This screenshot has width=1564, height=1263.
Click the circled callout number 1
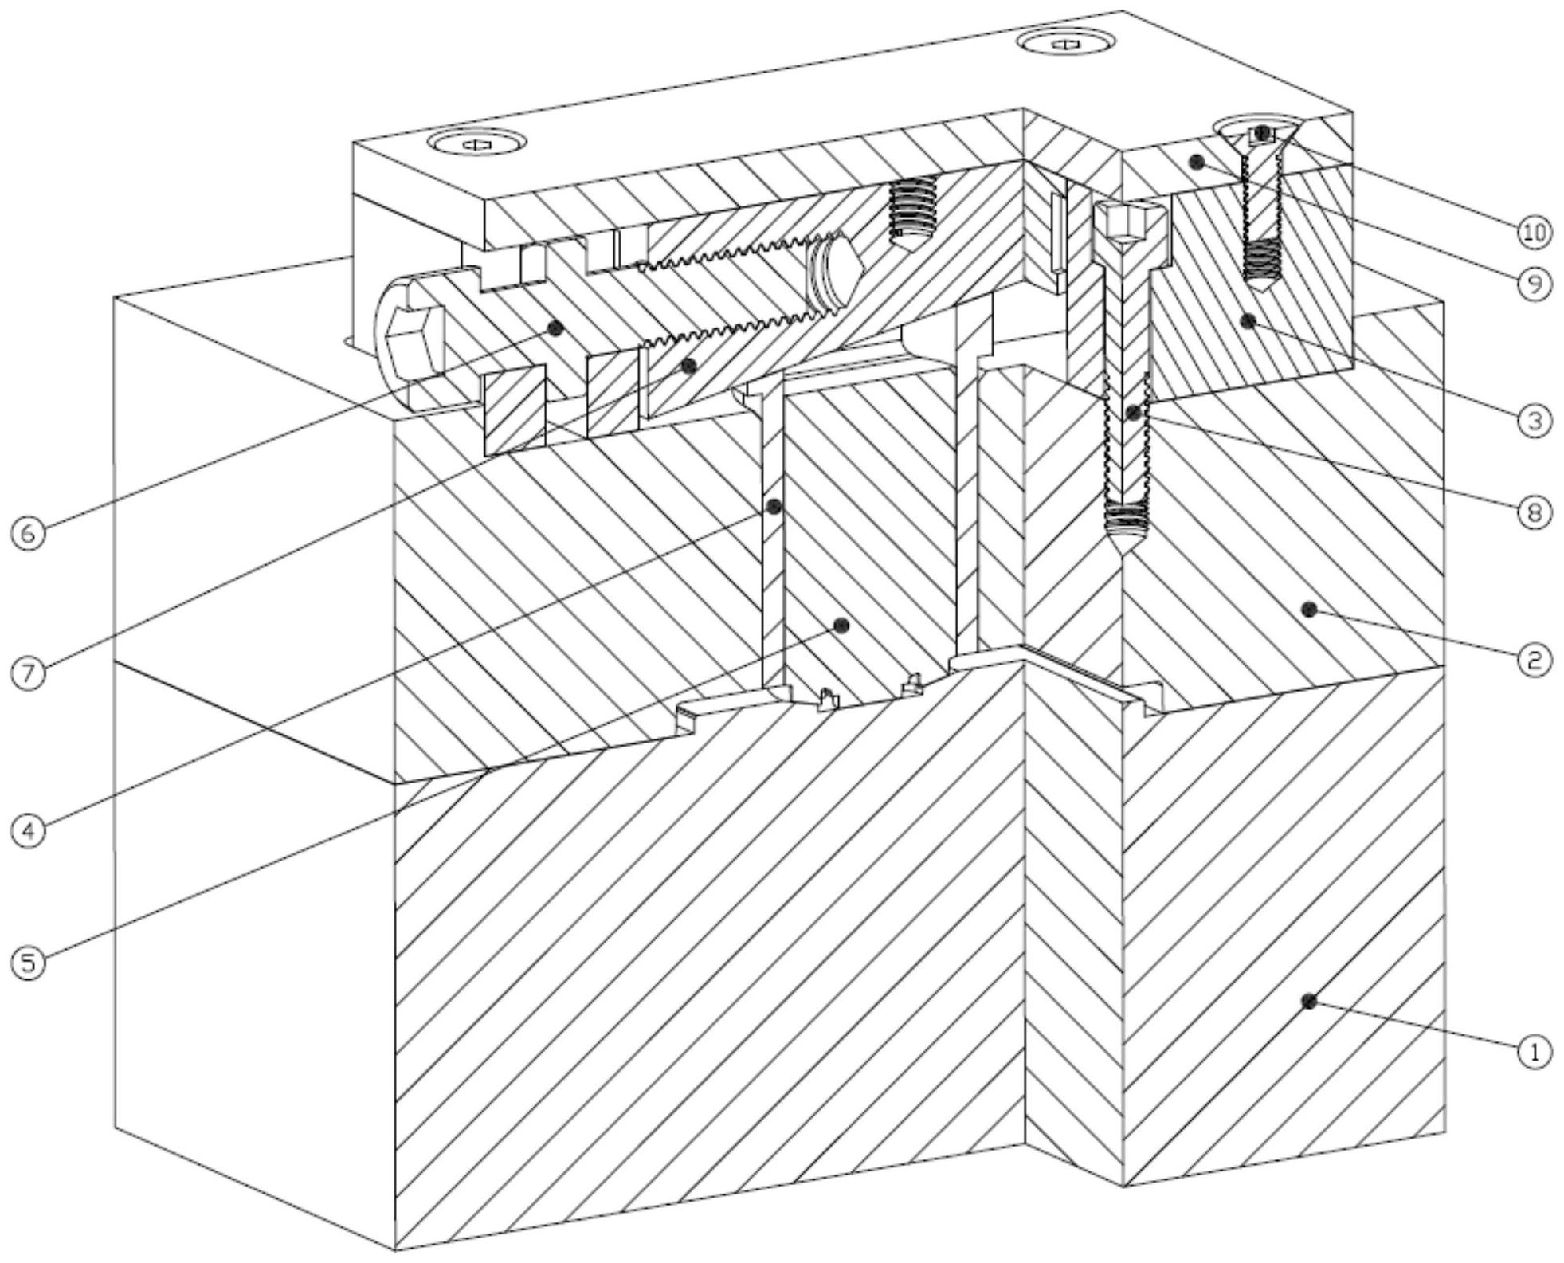1534,1051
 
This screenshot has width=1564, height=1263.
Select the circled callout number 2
1534,660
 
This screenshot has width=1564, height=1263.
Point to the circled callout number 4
29,830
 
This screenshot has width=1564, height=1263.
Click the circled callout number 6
29,533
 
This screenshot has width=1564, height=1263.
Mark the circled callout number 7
29,673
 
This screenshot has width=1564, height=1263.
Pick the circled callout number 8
1534,512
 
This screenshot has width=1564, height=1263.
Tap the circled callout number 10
1534,232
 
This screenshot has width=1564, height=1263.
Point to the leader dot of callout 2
1307,610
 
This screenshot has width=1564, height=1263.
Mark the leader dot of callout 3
1248,320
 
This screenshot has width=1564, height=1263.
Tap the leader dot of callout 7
689,366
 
